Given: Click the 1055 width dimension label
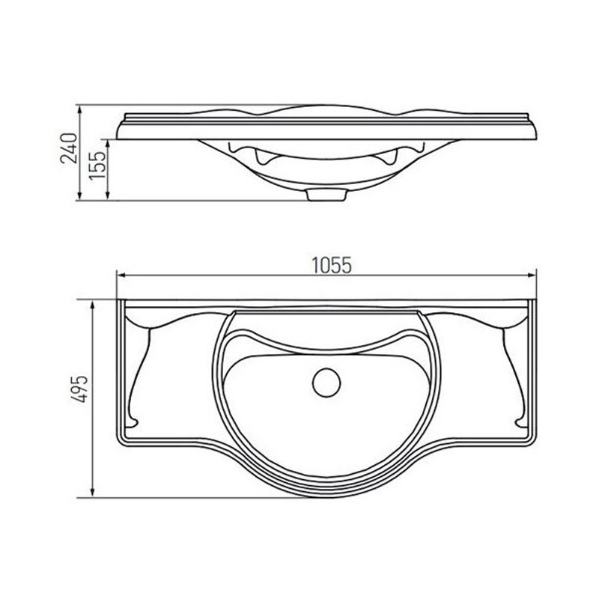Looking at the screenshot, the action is (332, 265).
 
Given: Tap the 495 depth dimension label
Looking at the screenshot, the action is (80, 389).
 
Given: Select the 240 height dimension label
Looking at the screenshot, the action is (69, 148).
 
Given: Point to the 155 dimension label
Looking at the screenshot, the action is (97, 165).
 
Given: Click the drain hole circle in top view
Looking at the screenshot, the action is (326, 383).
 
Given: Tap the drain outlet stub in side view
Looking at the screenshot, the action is (326, 195).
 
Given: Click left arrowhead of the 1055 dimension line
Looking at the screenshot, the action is (121, 275).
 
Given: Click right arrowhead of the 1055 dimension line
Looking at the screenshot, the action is (532, 275).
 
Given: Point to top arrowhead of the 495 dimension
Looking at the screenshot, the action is (92, 305).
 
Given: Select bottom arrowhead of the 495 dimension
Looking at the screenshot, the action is (92, 492).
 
